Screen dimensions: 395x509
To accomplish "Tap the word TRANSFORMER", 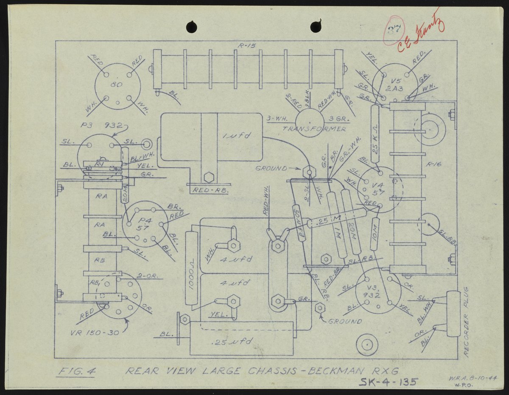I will pos(314,129).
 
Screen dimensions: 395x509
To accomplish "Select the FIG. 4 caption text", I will pos(77,372).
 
